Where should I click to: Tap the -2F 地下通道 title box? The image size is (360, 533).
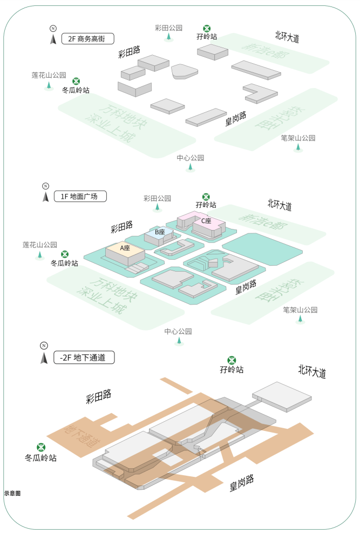(84, 357)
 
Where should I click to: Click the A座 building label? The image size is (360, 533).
(125, 248)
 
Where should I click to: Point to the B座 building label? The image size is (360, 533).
(159, 232)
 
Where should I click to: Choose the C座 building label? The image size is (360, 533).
(206, 220)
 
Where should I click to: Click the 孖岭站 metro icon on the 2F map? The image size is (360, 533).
(207, 28)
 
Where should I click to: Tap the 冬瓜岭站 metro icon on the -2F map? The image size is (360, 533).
(40, 448)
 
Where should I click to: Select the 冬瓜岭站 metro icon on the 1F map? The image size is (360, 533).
(64, 254)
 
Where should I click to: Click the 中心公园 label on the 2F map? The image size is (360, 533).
(191, 158)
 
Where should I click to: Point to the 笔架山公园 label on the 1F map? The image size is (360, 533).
(300, 310)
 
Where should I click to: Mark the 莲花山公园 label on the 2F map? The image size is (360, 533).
(49, 76)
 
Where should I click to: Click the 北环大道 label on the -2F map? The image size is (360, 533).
(312, 371)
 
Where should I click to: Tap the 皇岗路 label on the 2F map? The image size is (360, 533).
(236, 118)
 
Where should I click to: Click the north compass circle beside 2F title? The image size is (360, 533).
(53, 29)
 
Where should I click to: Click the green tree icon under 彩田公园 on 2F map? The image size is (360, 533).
(169, 37)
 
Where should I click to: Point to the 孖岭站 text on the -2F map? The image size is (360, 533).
(232, 370)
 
